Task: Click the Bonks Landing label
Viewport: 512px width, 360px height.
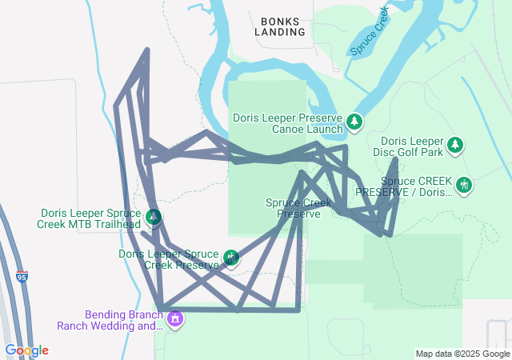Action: [280, 26]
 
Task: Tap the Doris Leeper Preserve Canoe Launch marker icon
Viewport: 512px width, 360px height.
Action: [354, 122]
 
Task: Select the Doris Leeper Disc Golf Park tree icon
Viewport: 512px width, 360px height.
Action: [455, 145]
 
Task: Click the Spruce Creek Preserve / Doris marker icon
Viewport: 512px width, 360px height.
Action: [464, 186]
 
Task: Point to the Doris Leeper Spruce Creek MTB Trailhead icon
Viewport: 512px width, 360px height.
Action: [153, 217]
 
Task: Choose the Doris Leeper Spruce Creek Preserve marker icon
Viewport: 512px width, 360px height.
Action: [231, 258]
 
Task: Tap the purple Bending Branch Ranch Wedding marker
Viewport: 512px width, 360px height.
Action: [175, 320]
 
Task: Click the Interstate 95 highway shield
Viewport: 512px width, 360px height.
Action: [21, 278]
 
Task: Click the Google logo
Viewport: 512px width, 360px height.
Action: [26, 350]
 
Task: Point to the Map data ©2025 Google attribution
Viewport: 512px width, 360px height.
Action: [462, 354]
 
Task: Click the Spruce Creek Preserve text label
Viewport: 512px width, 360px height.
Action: [298, 208]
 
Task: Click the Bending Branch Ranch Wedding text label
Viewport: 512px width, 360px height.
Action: [110, 320]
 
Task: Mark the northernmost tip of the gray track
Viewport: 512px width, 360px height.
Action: [147, 50]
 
